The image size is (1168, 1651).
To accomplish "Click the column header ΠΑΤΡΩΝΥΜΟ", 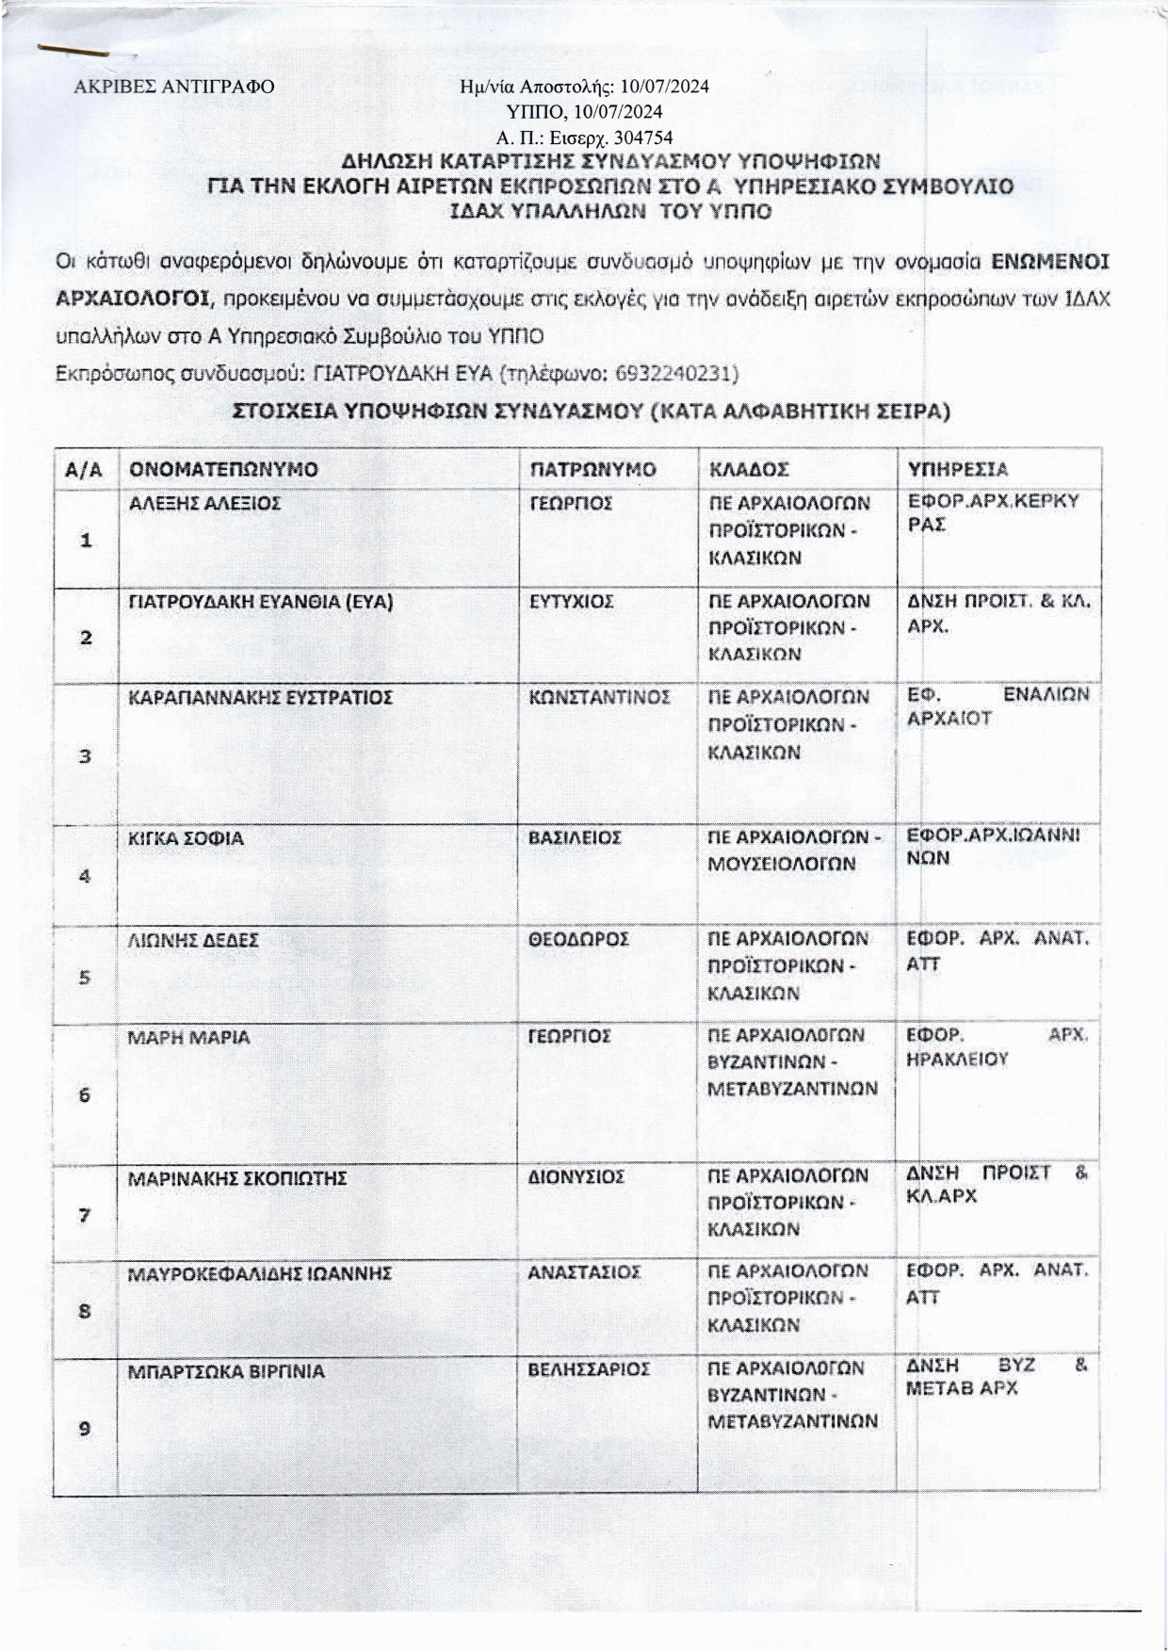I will click(592, 469).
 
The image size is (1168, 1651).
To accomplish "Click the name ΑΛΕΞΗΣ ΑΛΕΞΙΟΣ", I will click(204, 504).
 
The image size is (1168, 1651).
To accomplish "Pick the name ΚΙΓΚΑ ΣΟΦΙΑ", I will click(186, 837).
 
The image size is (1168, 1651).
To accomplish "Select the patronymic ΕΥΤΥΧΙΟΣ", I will click(572, 601).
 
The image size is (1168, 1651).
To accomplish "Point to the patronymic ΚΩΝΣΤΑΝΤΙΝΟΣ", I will click(600, 697).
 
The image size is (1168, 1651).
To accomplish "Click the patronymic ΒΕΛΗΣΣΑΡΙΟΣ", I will click(590, 1369).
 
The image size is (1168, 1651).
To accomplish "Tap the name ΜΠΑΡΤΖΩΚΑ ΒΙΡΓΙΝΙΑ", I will click(226, 1371).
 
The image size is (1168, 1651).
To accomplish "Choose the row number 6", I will click(85, 1095).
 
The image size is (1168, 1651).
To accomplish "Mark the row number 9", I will click(85, 1429).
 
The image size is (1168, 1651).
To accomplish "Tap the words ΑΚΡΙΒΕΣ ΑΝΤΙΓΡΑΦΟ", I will click(174, 88).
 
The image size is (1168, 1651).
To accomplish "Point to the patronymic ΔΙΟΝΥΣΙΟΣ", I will click(576, 1177).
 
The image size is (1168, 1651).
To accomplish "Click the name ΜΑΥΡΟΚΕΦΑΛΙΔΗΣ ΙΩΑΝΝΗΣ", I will click(259, 1273).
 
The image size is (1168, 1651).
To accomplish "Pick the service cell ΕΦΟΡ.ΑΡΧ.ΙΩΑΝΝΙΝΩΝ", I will click(993, 847).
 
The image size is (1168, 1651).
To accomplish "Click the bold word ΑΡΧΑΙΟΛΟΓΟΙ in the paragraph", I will click(133, 299).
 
